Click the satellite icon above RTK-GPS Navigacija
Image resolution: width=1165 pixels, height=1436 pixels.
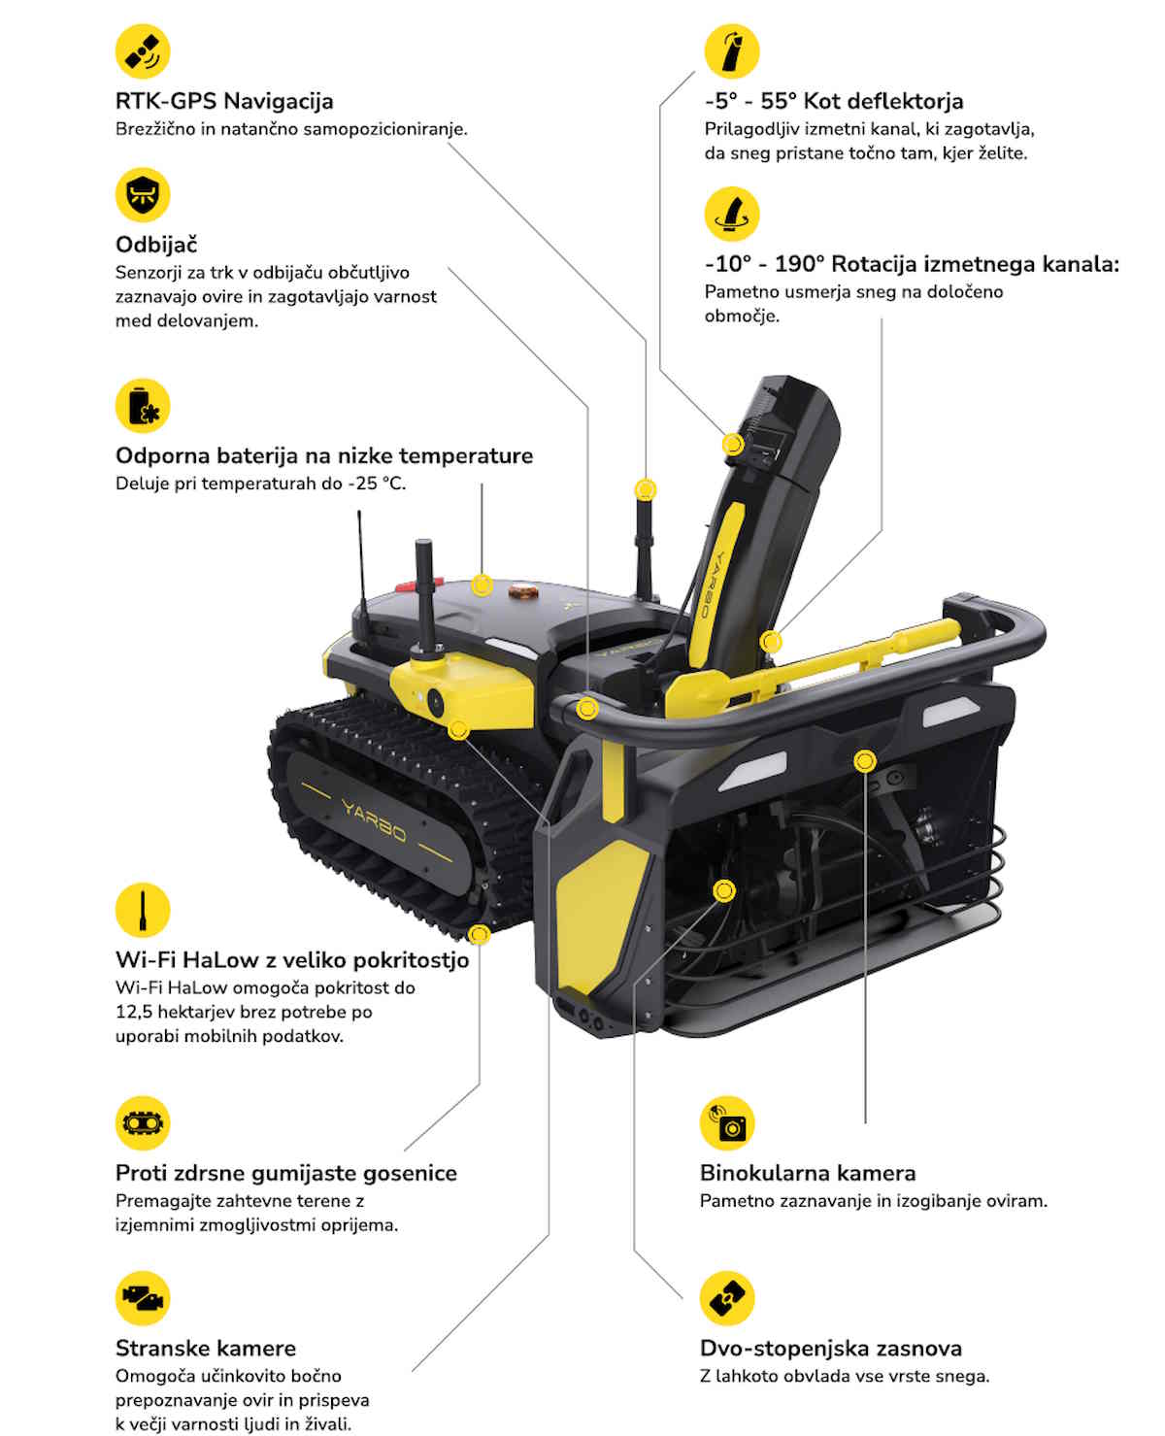(x=143, y=51)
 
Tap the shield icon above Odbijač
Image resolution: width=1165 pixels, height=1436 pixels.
(x=143, y=195)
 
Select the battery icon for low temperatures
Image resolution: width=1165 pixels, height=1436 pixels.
(x=143, y=406)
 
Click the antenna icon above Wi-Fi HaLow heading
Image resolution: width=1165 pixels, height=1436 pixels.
(x=143, y=910)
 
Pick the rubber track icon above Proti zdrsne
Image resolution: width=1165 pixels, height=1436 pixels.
(x=143, y=1123)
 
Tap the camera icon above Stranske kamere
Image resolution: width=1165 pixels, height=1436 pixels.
(x=143, y=1298)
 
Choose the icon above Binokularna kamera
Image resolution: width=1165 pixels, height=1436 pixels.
(x=727, y=1123)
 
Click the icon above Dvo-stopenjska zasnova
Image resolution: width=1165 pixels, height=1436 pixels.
(x=727, y=1298)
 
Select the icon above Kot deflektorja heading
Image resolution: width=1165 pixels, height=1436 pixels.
(x=731, y=51)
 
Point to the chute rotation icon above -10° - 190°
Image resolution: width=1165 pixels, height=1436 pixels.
(x=731, y=215)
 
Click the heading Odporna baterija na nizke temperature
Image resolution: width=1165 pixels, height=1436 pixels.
(x=324, y=455)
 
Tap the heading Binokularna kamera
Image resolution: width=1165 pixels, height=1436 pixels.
(x=808, y=1173)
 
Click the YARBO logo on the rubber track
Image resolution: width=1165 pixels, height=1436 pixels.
(x=374, y=821)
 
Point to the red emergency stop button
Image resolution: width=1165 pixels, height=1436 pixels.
(x=419, y=584)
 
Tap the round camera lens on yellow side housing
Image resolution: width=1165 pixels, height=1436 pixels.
(x=436, y=703)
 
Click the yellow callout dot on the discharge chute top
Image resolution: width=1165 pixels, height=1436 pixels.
(x=733, y=445)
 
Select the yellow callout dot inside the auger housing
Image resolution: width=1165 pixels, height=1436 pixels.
(x=724, y=891)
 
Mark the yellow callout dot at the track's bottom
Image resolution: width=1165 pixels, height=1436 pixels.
(x=479, y=935)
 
